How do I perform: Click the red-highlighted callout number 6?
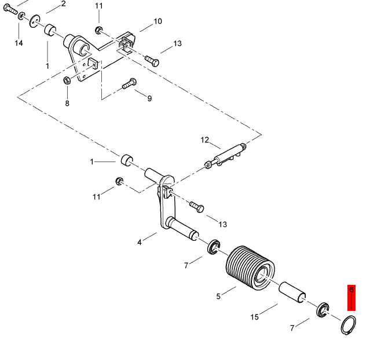(351, 289)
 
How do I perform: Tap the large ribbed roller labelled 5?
(250, 267)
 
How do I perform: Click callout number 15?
(254, 317)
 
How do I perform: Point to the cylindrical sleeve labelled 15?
(292, 292)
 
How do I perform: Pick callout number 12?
(205, 140)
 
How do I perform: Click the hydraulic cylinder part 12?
(225, 156)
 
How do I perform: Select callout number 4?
(140, 242)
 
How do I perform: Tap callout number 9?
(149, 98)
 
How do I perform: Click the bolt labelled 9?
(129, 83)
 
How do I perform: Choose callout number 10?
(157, 21)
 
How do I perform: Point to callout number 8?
(67, 103)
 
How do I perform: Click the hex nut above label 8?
(67, 81)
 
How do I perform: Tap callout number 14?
(19, 43)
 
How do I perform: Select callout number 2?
(63, 4)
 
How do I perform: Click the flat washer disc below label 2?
(35, 21)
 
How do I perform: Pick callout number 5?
(218, 296)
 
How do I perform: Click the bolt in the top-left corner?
(10, 9)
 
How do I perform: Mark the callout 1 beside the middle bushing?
(92, 162)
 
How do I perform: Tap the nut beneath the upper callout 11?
(98, 30)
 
